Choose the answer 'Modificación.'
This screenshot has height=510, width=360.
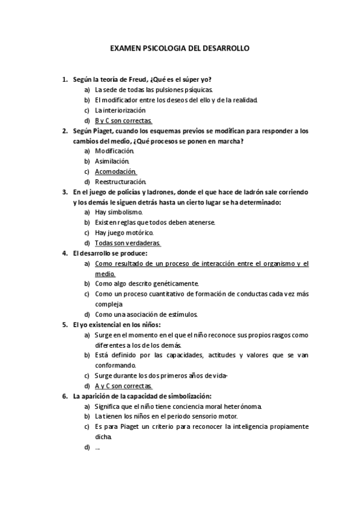(114, 151)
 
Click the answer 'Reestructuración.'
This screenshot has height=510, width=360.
(120, 182)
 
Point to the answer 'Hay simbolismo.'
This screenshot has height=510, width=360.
(118, 212)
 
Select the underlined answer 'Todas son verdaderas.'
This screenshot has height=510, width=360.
(127, 243)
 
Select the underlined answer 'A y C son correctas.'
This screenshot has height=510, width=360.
(124, 386)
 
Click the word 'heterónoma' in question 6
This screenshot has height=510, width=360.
(241, 406)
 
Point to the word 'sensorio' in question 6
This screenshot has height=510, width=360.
(200, 416)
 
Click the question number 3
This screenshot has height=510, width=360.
(64, 192)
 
